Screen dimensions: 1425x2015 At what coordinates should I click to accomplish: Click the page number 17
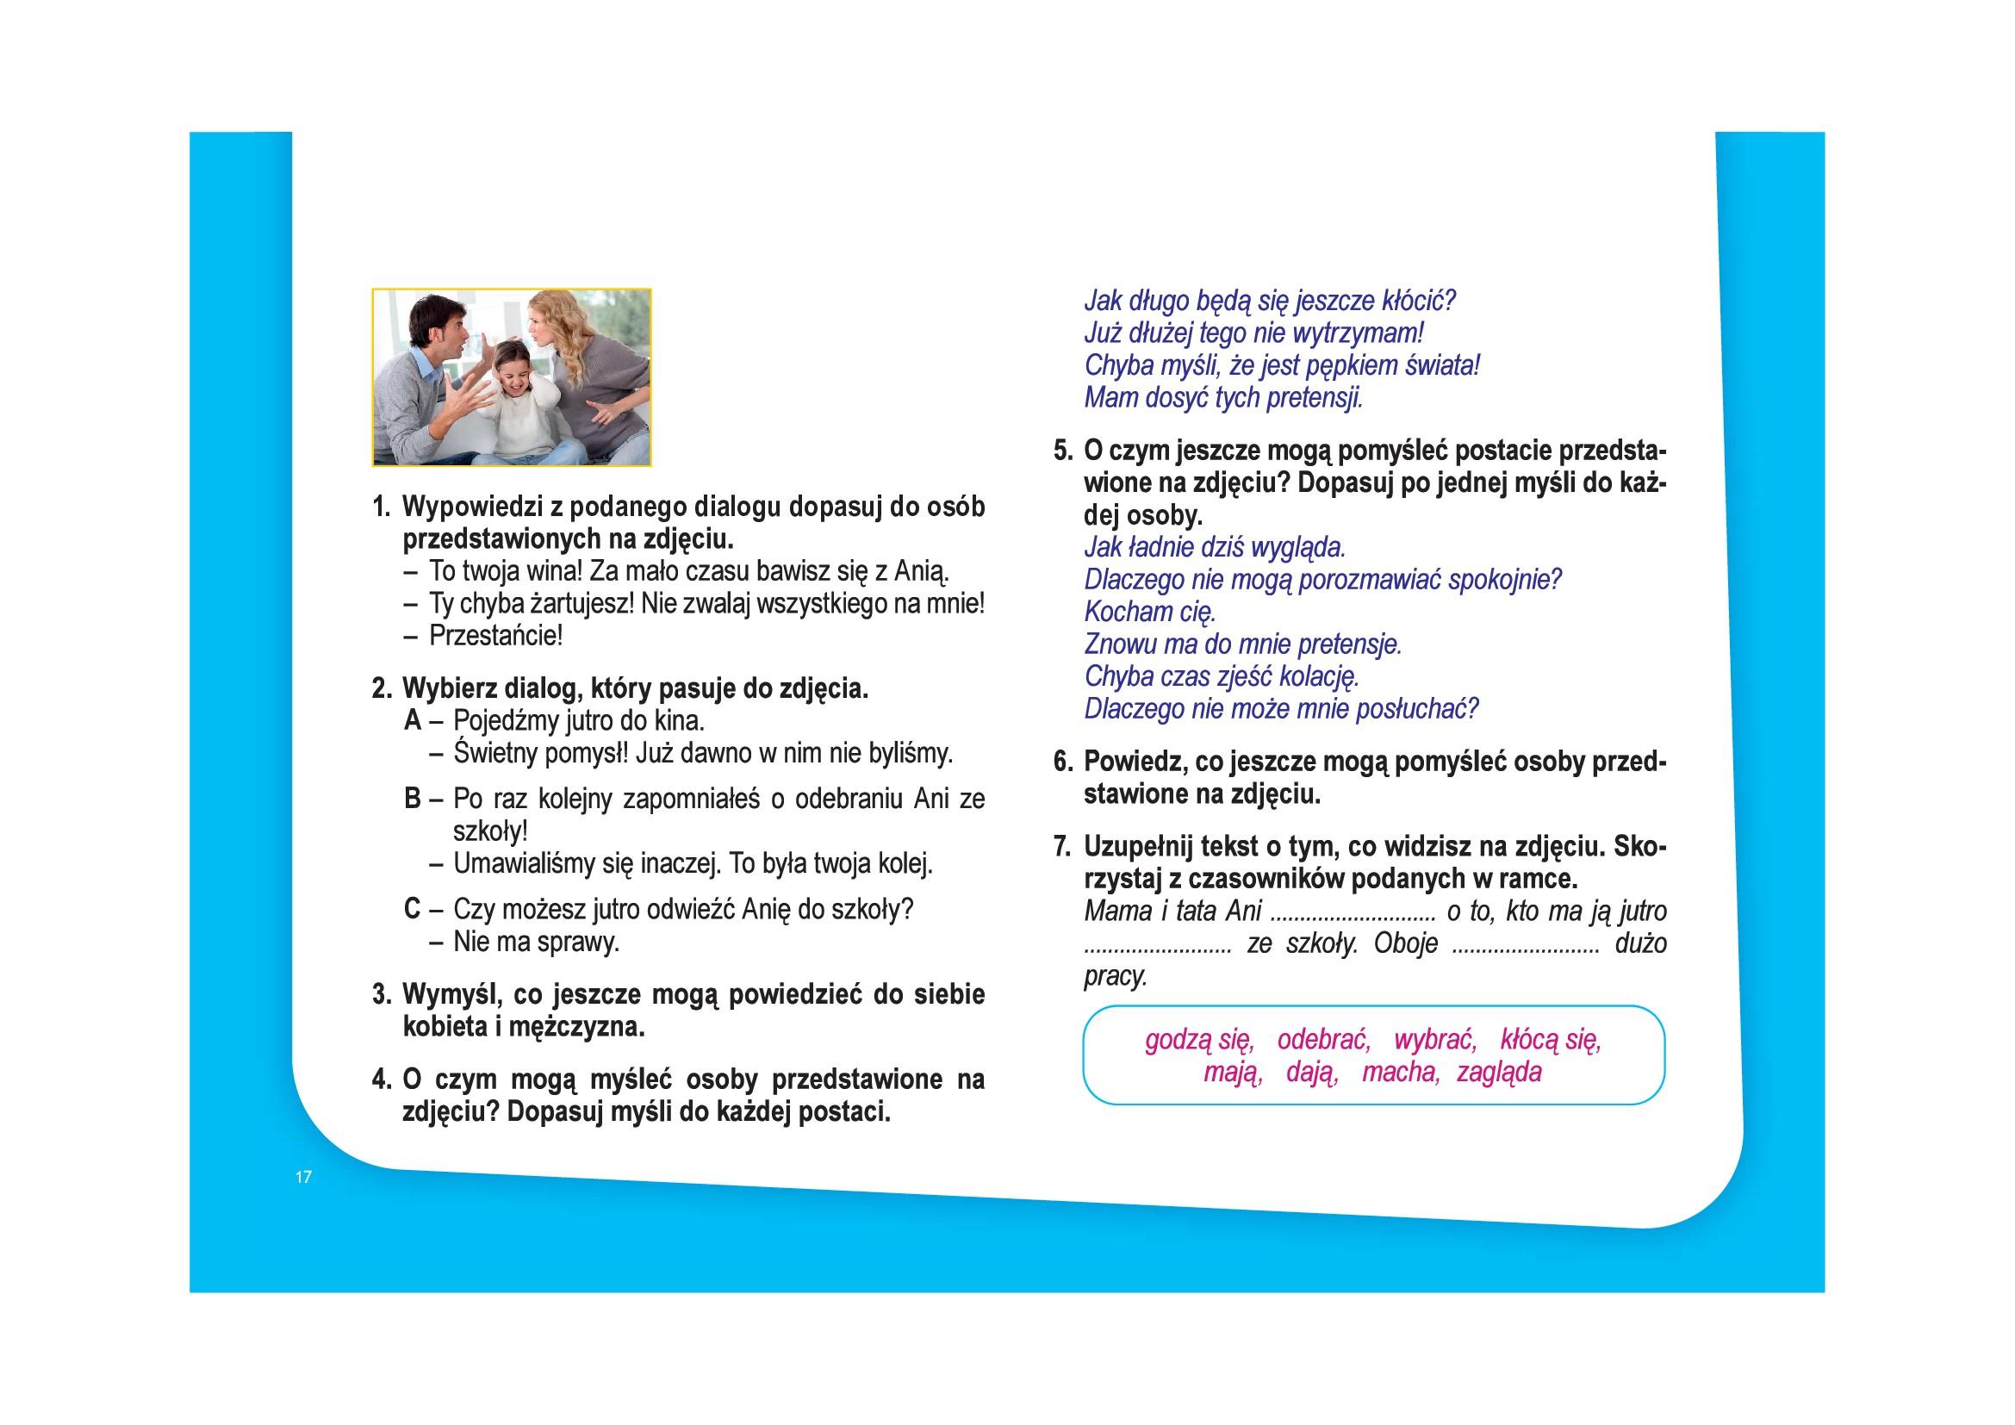pos(303,1178)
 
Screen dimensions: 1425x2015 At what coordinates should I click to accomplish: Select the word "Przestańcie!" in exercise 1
pos(496,635)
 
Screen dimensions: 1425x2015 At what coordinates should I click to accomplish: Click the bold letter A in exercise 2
pos(413,721)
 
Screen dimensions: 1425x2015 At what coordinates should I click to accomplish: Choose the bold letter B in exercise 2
pos(413,800)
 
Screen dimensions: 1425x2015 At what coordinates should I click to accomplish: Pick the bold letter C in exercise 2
pos(413,909)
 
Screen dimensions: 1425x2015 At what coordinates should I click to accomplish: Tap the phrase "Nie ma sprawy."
pos(536,943)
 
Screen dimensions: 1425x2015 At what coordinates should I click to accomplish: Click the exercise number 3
pos(381,994)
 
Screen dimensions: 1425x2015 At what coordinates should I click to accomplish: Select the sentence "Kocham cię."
pos(1150,612)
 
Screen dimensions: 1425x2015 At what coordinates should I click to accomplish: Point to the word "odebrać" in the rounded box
pos(1323,1041)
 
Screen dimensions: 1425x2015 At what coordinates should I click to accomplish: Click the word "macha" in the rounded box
pos(1400,1073)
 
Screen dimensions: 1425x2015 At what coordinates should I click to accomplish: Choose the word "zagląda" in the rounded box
pos(1499,1073)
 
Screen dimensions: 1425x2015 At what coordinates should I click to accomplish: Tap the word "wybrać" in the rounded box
pos(1435,1041)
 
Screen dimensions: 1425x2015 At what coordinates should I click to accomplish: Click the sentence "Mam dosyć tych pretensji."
pos(1223,397)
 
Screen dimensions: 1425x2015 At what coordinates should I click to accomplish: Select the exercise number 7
pos(1063,847)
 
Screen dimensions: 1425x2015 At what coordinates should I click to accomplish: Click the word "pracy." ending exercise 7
pos(1116,977)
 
